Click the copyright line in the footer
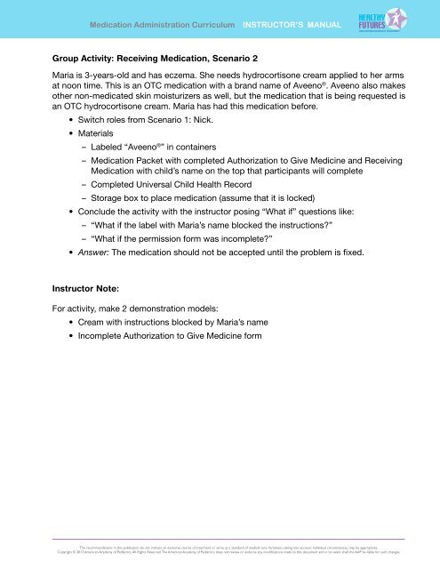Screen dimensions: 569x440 [x=220, y=550]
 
